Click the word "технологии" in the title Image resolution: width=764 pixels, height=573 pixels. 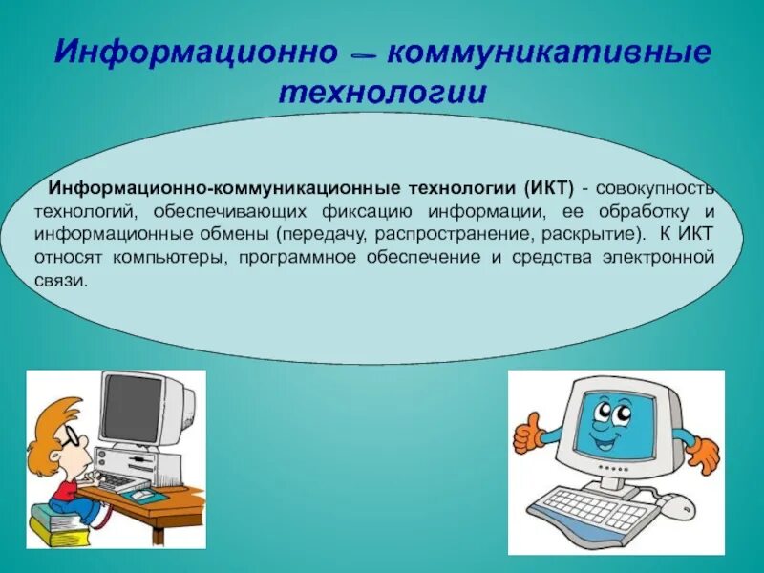pyautogui.click(x=383, y=93)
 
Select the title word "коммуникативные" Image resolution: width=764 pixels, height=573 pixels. pyautogui.click(x=549, y=53)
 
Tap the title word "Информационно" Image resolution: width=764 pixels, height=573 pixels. pyautogui.click(x=196, y=53)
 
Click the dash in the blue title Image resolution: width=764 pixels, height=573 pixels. pyautogui.click(x=363, y=56)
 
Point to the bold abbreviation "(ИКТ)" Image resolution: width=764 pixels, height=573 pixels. pyautogui.click(x=550, y=188)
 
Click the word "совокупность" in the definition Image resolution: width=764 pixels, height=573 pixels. pyautogui.click(x=655, y=188)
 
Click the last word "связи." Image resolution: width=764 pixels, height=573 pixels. pyautogui.click(x=61, y=281)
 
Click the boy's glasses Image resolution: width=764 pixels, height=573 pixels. pyautogui.click(x=70, y=436)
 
